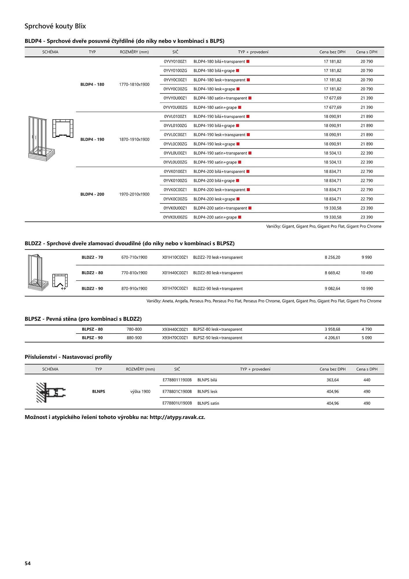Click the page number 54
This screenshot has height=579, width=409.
[28, 563]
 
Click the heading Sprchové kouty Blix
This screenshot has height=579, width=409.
[55, 26]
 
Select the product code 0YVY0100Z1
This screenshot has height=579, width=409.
[175, 61]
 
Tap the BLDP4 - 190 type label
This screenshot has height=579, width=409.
[92, 139]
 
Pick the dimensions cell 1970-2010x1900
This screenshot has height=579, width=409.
[134, 194]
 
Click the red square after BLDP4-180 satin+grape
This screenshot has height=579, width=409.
[240, 107]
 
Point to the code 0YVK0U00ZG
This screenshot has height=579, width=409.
[175, 217]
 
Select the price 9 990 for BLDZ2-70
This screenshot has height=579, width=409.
[366, 257]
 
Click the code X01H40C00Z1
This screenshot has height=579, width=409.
[175, 273]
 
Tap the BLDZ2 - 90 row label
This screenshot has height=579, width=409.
[92, 288]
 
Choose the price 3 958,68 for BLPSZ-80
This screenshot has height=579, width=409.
[332, 329]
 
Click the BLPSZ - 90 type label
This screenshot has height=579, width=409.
[92, 338]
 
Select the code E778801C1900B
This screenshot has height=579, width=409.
[177, 391]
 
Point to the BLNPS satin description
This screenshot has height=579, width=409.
[208, 403]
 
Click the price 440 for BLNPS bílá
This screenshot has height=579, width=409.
[367, 380]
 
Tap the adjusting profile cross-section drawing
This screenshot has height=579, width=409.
[51, 392]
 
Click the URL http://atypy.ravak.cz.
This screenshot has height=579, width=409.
[177, 417]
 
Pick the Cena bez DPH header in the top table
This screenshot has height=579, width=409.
[332, 52]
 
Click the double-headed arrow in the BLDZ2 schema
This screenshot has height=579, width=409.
[63, 289]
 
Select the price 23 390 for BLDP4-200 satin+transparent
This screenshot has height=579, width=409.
[366, 208]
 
